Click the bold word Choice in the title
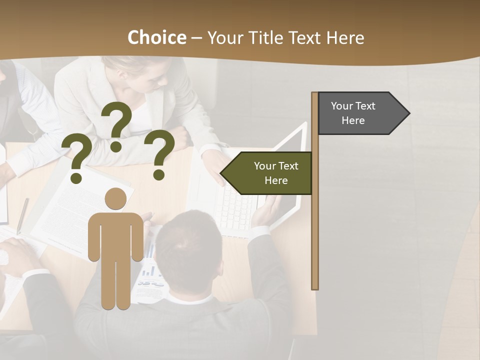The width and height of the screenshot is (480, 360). (x=156, y=38)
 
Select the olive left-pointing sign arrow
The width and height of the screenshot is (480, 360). (x=267, y=173)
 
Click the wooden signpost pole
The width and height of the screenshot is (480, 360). (x=314, y=225)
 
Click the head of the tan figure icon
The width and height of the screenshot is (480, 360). (x=115, y=198)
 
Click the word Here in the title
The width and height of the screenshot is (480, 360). (x=345, y=38)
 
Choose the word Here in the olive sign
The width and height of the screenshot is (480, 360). (x=276, y=180)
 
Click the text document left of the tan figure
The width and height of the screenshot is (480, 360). (x=70, y=210)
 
